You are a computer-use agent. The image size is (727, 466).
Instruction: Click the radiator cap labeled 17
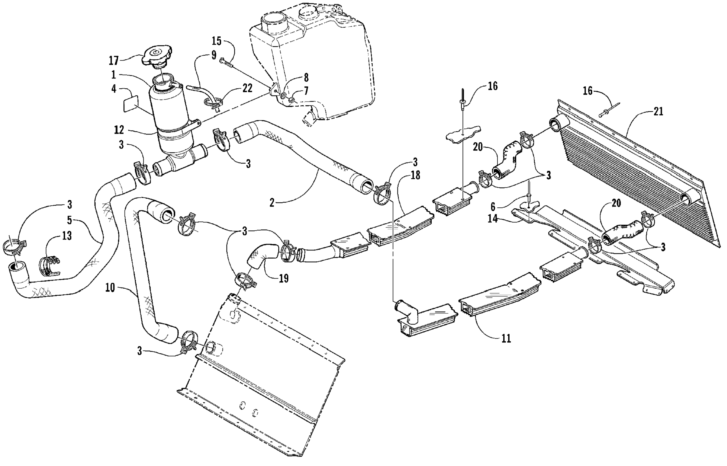[157, 58]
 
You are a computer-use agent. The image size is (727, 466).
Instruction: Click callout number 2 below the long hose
[272, 203]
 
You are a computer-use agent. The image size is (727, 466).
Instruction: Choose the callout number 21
[658, 112]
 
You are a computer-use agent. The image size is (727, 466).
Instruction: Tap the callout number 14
[493, 218]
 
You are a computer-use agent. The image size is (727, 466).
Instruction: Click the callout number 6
[493, 207]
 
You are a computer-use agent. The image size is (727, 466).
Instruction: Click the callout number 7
[306, 90]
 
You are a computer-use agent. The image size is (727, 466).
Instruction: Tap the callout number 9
[214, 55]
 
